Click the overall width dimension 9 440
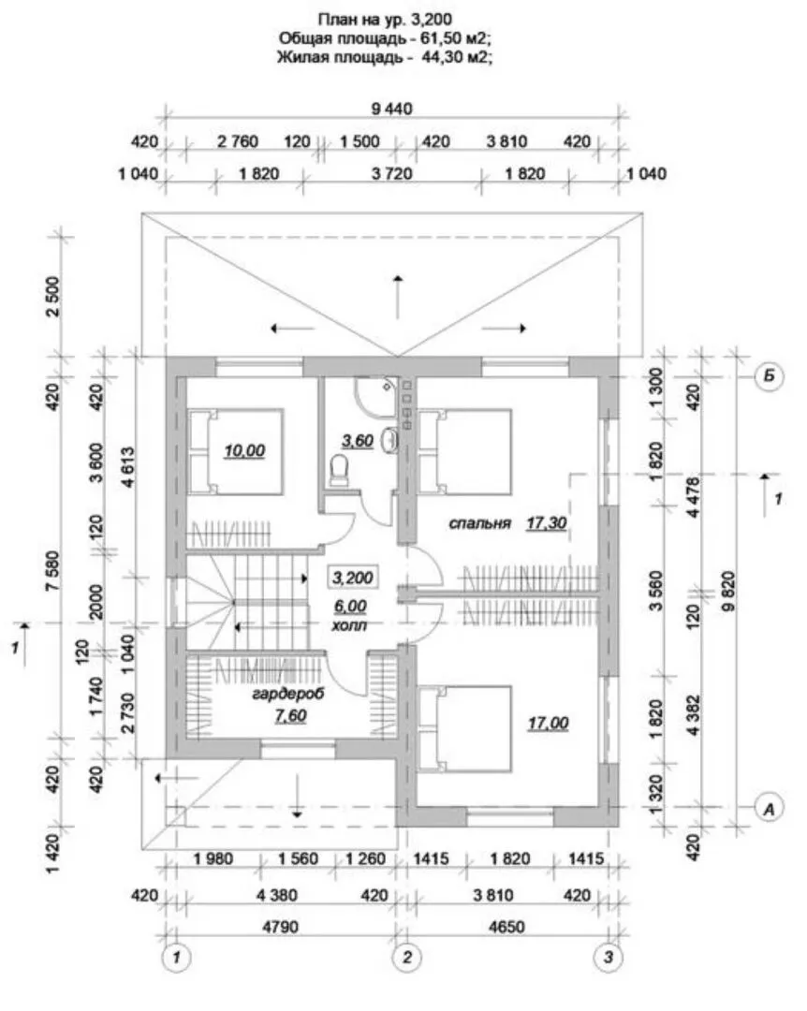[x=391, y=109]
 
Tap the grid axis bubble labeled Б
[x=769, y=376]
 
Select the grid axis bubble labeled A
[x=769, y=808]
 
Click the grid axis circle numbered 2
[x=407, y=958]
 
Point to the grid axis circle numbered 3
[x=609, y=958]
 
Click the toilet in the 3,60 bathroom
[x=339, y=470]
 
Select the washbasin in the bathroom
[x=389, y=440]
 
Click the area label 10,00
[x=244, y=450]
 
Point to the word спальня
[x=480, y=523]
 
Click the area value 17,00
[x=548, y=724]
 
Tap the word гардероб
[x=287, y=695]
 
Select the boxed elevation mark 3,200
[x=352, y=577]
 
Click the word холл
[x=349, y=624]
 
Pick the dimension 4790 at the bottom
[x=281, y=927]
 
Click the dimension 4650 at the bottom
[x=506, y=927]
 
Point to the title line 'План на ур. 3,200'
[x=385, y=18]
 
